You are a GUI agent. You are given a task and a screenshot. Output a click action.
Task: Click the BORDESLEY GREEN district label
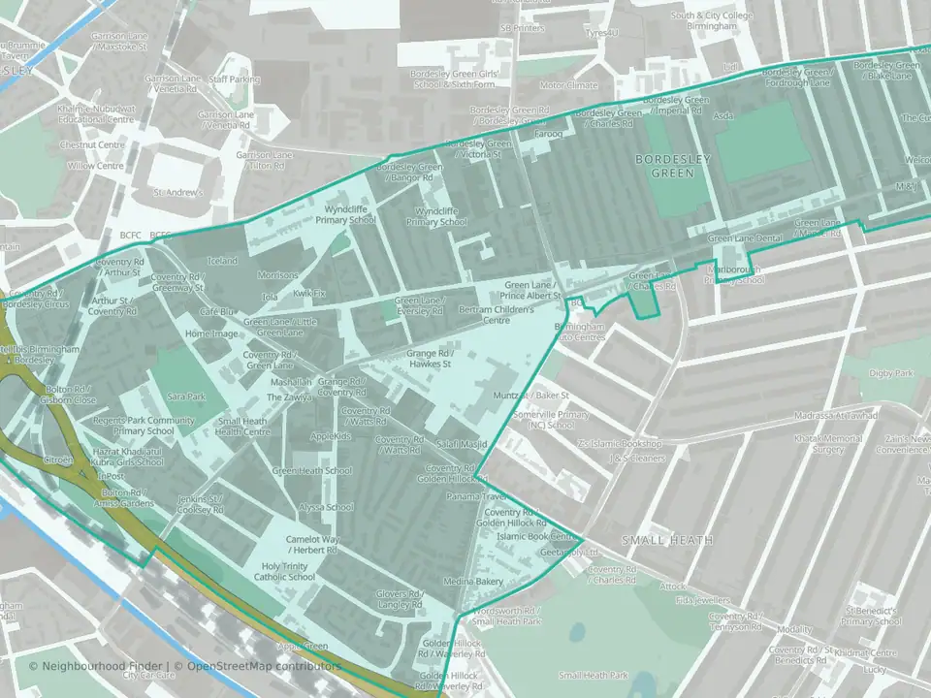point(673,165)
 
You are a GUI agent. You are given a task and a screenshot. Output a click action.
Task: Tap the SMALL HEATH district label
point(667,540)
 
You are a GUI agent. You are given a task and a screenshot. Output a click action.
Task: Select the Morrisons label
point(278,275)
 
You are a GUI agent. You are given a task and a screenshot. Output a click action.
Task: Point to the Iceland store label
point(222,261)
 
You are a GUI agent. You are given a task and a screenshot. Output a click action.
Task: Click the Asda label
point(723,115)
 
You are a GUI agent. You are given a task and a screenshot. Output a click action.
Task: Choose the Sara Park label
point(187,397)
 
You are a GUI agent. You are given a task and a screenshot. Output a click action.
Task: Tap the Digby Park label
point(891,372)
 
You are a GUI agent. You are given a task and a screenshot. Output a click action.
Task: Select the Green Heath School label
point(312,470)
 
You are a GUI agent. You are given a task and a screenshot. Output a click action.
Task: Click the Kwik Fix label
point(310,292)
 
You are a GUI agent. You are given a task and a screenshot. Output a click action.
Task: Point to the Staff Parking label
point(235,79)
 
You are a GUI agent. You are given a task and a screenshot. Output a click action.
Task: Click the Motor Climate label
point(569,85)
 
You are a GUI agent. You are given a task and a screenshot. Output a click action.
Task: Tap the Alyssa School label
point(326,507)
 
